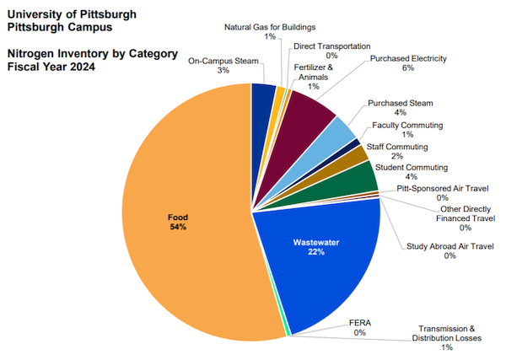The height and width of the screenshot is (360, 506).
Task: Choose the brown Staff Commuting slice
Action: coord(357,155)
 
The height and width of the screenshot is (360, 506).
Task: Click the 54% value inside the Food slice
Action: coord(177,227)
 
